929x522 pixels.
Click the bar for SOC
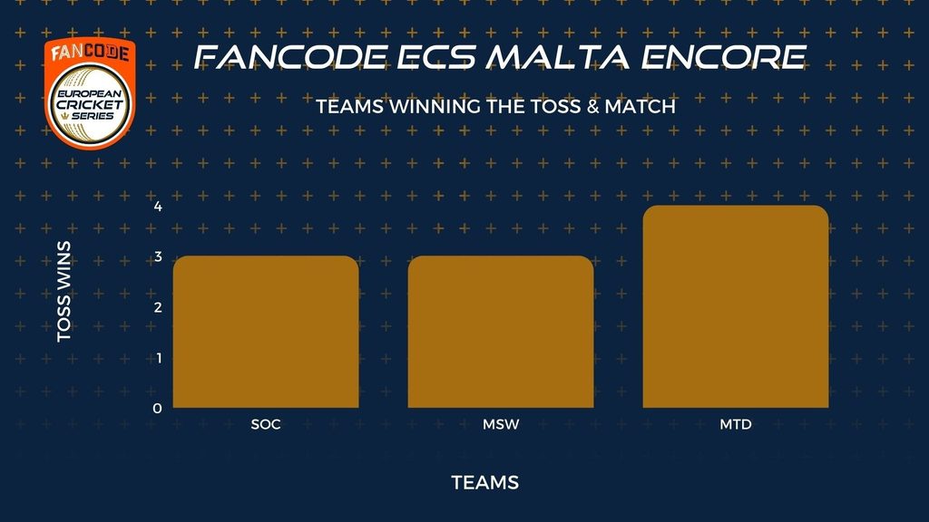point(266,332)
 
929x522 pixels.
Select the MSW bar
point(501,332)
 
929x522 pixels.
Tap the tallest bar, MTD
point(736,306)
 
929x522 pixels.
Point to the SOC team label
point(266,424)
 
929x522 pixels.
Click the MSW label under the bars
point(501,424)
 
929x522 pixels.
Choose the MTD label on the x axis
point(736,424)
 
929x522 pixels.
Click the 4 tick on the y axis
point(158,207)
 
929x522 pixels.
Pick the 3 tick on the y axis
point(158,256)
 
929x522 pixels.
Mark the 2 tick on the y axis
point(158,307)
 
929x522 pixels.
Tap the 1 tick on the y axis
point(159,357)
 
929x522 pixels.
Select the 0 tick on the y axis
point(157,408)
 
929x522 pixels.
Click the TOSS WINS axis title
point(64,291)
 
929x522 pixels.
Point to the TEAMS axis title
point(485,483)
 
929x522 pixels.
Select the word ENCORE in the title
point(723,57)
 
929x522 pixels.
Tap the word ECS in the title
point(436,57)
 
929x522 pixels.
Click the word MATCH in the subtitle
point(640,107)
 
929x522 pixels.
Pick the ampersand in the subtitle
point(592,107)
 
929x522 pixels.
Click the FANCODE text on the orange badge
point(90,53)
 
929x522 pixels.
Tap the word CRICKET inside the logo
point(90,105)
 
